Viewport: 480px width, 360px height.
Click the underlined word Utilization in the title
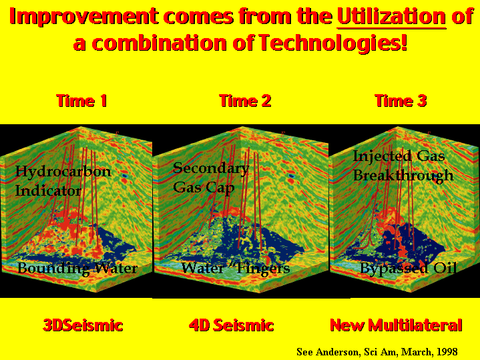(391, 17)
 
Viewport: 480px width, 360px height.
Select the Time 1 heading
(81, 101)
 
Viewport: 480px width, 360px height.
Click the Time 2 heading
(245, 101)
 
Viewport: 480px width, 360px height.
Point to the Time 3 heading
(401, 101)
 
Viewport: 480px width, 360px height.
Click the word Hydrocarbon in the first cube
(63, 172)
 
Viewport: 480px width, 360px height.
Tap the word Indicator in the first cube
(48, 191)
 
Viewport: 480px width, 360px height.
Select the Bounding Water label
(77, 268)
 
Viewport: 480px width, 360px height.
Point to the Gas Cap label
(204, 188)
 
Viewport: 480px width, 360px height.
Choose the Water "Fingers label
(236, 268)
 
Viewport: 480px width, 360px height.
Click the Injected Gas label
(399, 156)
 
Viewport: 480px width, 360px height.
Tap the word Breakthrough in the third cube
(403, 176)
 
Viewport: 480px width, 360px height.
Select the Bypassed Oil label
(408, 268)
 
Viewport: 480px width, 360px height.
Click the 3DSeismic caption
(83, 325)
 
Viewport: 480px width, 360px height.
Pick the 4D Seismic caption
(231, 325)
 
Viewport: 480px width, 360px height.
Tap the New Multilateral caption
(396, 325)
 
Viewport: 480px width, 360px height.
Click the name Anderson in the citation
(336, 352)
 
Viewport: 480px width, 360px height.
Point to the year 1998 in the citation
(447, 352)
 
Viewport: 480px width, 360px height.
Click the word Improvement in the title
(84, 17)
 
